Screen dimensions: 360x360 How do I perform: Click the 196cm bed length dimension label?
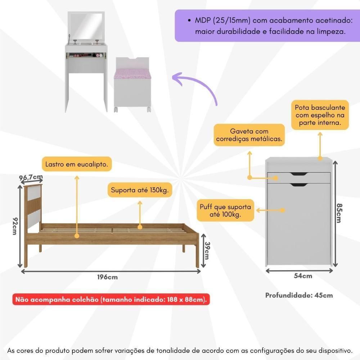[107, 277]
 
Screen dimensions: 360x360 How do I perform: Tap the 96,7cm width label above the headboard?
[31, 177]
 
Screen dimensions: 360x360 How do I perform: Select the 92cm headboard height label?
[14, 225]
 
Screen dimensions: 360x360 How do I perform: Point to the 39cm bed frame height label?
[206, 250]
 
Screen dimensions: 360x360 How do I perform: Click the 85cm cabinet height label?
[338, 213]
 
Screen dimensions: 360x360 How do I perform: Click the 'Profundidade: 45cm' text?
[299, 295]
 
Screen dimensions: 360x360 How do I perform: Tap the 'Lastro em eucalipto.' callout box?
[77, 165]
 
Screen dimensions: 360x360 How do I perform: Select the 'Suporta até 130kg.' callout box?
[140, 190]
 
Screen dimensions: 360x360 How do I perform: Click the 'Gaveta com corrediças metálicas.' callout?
[249, 135]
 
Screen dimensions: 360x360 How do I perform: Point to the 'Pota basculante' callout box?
[320, 115]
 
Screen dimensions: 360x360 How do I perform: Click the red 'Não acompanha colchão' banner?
[111, 299]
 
